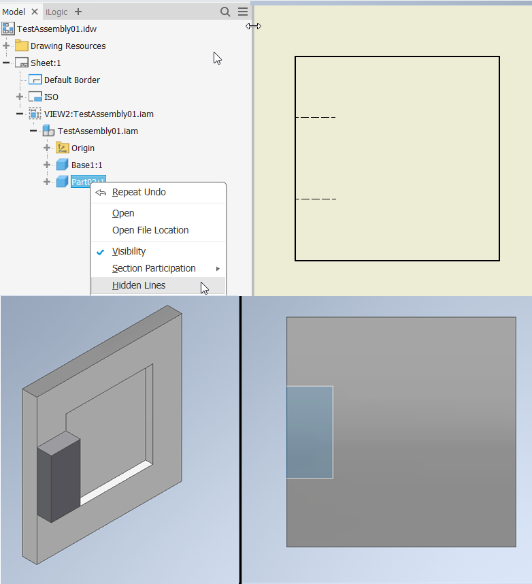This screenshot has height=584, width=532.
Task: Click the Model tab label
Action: (x=14, y=12)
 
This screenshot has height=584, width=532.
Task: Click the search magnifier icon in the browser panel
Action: (x=225, y=12)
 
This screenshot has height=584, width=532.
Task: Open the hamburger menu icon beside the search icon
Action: (x=243, y=12)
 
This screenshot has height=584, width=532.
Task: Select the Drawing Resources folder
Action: (x=67, y=46)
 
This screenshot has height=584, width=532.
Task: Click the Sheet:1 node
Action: (x=46, y=63)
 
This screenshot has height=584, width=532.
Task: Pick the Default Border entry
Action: (x=71, y=80)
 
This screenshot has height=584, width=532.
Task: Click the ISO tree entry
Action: (x=51, y=97)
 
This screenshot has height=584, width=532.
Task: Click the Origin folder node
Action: (x=82, y=148)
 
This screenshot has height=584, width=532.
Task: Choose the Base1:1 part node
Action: (x=86, y=165)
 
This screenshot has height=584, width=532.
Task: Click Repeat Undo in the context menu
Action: (x=139, y=193)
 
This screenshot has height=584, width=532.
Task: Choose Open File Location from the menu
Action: (x=150, y=230)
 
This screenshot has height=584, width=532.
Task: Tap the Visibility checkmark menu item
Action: (x=129, y=251)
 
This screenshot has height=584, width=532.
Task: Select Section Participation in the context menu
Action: (x=154, y=268)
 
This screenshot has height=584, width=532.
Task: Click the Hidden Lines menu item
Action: (x=139, y=286)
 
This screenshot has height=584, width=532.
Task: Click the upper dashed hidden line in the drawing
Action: (x=315, y=118)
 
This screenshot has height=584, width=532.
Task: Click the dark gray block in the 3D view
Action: (x=59, y=480)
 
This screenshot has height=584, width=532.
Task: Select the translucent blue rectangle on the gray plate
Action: (x=310, y=432)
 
